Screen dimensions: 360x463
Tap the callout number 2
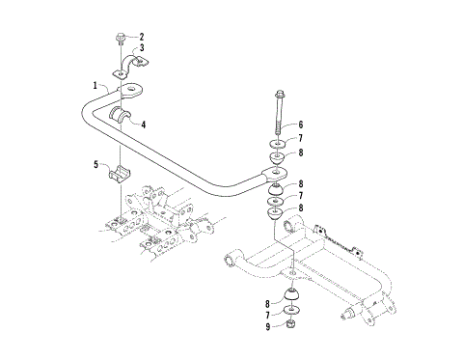141,37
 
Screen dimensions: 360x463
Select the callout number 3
141,47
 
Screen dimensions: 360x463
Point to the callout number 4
143,124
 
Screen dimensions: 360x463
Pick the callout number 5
96,165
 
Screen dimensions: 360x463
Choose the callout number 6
300,125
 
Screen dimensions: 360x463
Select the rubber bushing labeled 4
123,118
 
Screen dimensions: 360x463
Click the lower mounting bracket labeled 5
119,178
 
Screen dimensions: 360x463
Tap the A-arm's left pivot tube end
230,259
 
